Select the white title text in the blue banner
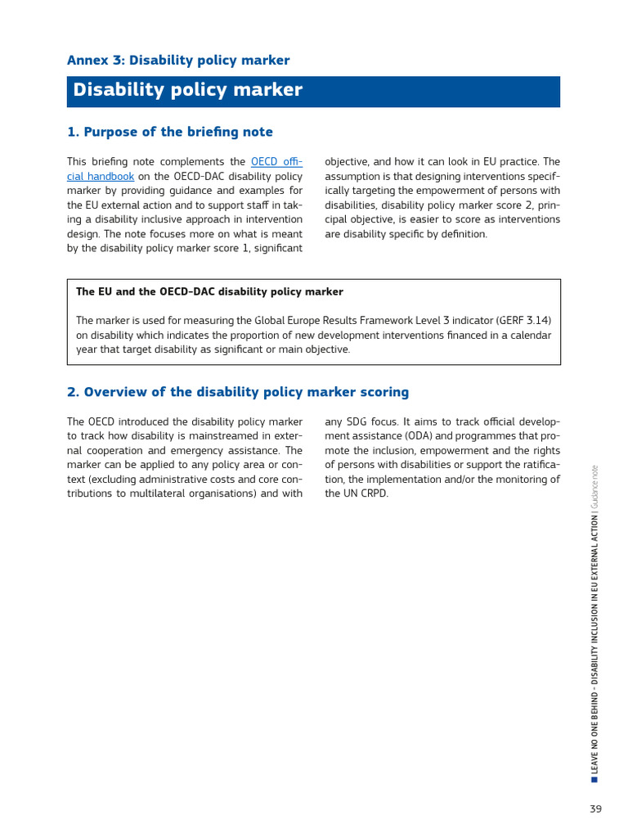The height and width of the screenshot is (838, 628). point(187,91)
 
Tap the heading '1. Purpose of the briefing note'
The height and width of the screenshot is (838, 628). point(170,133)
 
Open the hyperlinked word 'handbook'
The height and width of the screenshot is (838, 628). point(111,176)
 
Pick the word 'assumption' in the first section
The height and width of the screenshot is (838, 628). point(354,176)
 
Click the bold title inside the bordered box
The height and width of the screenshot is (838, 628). point(209,292)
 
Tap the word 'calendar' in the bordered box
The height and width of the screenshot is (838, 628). point(531,336)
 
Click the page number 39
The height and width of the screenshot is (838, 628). point(595,809)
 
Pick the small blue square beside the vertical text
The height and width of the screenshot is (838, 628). point(594,779)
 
